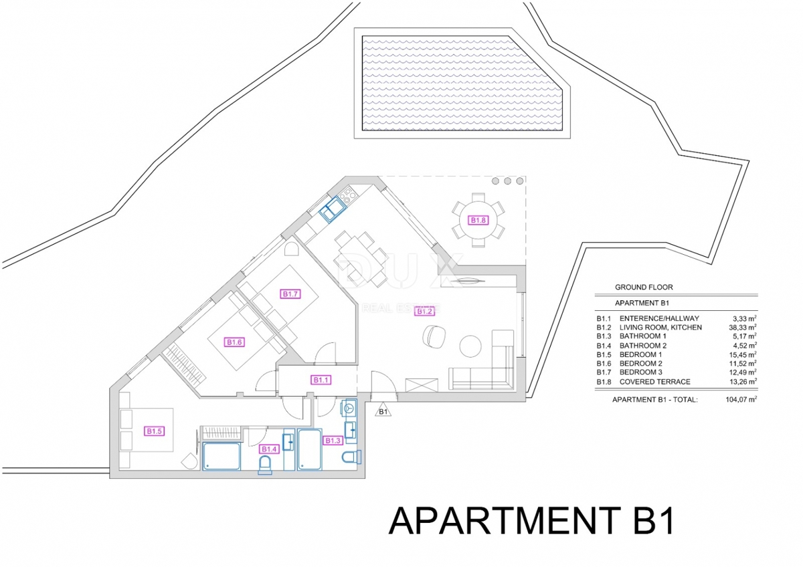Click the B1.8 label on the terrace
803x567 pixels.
click(x=478, y=220)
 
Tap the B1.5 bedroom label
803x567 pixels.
click(x=155, y=431)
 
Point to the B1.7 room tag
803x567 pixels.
click(x=290, y=294)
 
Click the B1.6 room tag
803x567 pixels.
click(x=234, y=342)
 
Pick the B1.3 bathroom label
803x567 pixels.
click(x=333, y=440)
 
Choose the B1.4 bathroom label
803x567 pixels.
click(x=269, y=449)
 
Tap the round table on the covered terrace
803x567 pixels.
click(x=478, y=220)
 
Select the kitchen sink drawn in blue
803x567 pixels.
click(x=332, y=211)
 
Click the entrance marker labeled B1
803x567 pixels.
click(x=383, y=411)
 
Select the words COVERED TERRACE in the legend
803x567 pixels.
click(x=654, y=382)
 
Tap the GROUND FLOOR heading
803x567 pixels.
click(x=644, y=288)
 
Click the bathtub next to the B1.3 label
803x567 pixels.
click(x=310, y=450)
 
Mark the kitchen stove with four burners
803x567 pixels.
click(x=348, y=195)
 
